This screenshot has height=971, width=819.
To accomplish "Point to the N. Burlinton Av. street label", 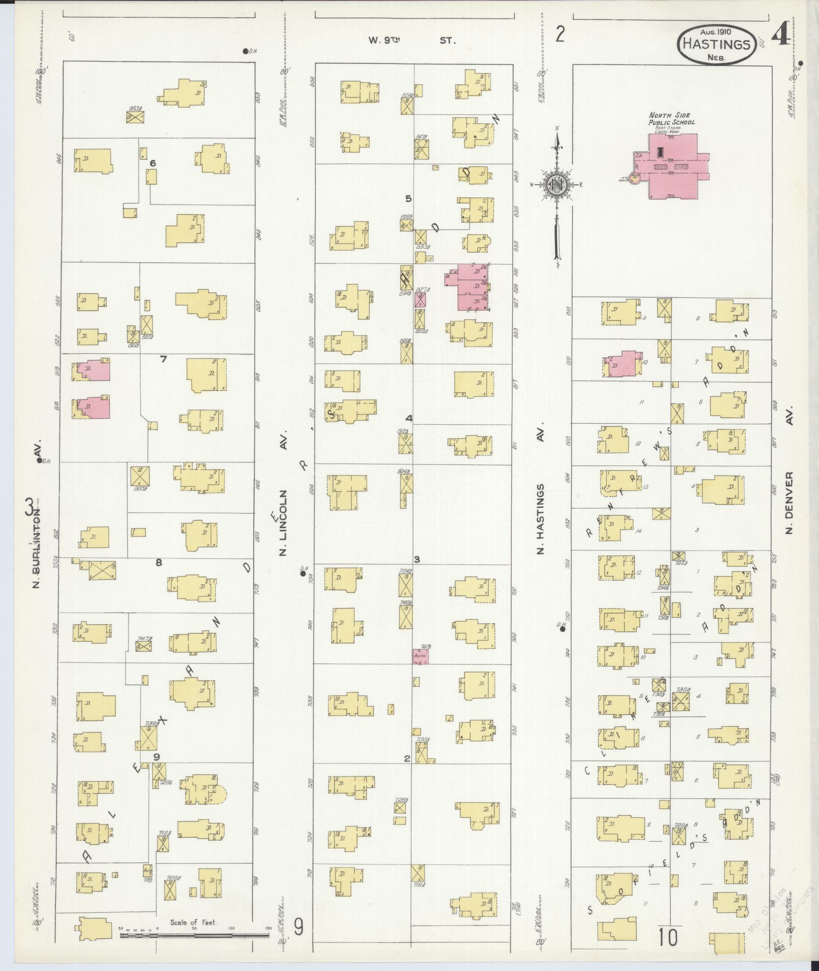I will [37, 513].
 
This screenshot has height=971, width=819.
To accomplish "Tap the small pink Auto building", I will [420, 656].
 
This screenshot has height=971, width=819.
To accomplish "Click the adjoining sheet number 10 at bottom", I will [668, 937].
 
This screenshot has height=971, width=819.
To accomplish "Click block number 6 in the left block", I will [152, 163].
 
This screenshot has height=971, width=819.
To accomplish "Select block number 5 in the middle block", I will [408, 198].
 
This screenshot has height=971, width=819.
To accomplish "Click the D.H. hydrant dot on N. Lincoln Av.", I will [303, 574].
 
